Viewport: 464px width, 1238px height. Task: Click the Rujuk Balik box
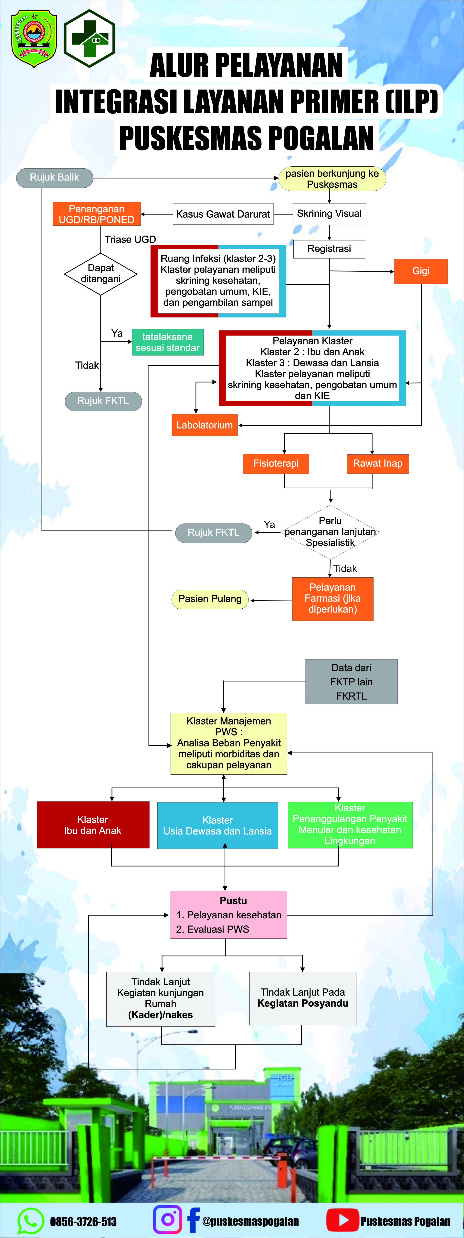54,178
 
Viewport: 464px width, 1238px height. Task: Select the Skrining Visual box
329,214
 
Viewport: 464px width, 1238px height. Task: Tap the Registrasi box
329,249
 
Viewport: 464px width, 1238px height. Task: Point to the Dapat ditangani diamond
100,274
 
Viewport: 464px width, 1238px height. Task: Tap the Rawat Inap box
378,464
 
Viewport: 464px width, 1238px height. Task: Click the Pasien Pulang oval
210,599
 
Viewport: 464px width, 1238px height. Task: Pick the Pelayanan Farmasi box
332,599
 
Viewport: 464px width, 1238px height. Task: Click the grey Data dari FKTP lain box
351,682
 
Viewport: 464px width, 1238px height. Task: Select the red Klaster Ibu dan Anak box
93,825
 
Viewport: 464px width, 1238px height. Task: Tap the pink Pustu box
229,915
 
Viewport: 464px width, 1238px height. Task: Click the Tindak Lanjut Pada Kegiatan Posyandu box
303,998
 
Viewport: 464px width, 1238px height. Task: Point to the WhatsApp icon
30,1221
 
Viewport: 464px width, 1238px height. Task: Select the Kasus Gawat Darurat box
223,214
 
